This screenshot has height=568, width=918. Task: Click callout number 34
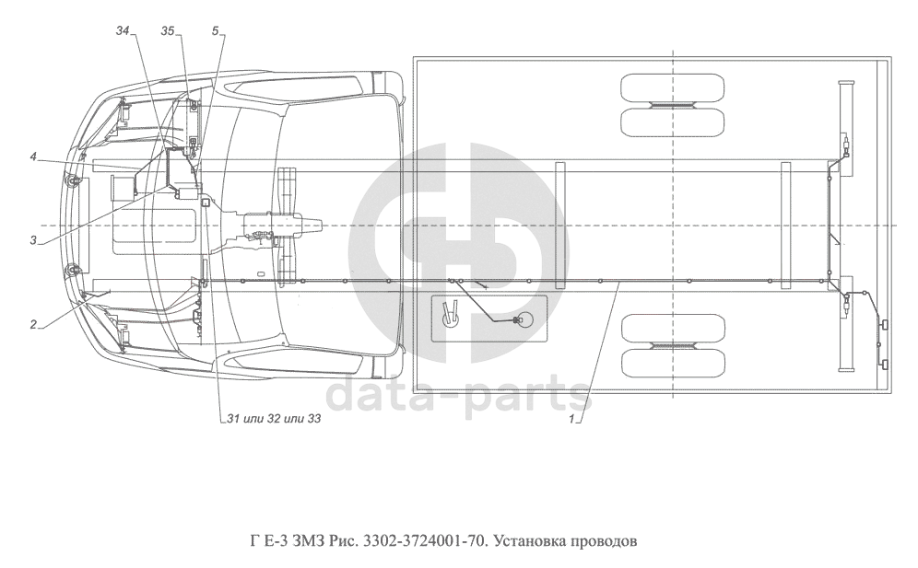click(x=123, y=31)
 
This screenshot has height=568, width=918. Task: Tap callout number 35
click(x=168, y=31)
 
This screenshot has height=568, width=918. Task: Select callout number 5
click(x=216, y=31)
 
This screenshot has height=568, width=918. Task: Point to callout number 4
click(x=34, y=156)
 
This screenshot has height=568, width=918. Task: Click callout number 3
click(x=33, y=240)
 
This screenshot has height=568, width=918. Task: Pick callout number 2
click(x=33, y=325)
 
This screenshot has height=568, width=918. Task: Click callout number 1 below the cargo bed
click(x=572, y=419)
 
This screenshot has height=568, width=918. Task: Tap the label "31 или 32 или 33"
click(x=274, y=419)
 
